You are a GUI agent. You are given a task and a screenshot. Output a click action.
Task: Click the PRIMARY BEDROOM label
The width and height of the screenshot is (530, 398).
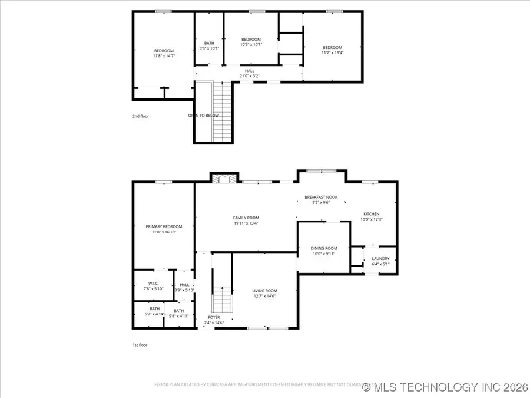point(164,226)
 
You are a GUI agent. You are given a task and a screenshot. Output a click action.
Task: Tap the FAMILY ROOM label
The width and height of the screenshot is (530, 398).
point(246,218)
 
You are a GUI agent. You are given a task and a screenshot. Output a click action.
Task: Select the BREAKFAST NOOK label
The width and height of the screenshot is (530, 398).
point(321,197)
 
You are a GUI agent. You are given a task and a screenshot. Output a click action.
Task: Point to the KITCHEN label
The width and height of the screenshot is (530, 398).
point(371,214)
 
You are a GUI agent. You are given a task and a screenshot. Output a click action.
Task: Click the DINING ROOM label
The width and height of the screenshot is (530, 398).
point(324,248)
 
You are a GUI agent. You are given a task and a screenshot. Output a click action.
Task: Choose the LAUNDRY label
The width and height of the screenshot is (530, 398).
point(380,258)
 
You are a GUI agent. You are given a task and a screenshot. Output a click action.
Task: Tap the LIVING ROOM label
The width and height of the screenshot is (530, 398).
point(264,291)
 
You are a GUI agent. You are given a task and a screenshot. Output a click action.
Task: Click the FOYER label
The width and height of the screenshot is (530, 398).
point(214,317)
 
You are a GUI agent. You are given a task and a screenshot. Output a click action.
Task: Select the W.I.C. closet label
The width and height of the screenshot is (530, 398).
point(153,284)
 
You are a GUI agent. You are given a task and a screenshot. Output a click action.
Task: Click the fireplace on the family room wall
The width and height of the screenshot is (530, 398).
point(224,178)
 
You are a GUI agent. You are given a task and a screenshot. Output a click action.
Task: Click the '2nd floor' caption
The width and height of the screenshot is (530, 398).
point(141,116)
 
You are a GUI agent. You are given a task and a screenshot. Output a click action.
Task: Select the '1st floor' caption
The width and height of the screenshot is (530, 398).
point(140,345)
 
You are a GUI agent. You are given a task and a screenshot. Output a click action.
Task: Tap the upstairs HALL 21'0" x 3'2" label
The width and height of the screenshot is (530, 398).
point(250,73)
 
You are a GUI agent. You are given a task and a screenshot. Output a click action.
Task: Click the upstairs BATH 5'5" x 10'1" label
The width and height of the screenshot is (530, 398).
point(209,45)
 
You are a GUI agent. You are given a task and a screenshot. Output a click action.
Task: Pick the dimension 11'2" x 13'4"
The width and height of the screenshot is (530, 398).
point(332,52)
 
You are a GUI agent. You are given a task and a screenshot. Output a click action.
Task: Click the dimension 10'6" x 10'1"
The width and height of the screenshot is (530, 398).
point(251,44)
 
